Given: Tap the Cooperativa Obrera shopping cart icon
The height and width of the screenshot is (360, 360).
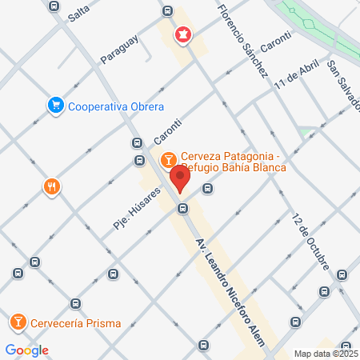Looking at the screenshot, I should coord(55,106).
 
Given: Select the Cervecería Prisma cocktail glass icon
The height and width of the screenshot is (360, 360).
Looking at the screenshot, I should coord(17,323).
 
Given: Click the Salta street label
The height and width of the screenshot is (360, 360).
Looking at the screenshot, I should coord(78,10).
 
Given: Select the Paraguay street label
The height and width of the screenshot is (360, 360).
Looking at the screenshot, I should coord(120,48).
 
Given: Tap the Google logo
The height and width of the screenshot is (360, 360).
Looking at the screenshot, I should coord(26,350).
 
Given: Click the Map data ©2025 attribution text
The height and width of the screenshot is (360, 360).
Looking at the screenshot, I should coord(325,353).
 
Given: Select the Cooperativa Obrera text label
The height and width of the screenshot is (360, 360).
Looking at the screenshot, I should coord(116,106).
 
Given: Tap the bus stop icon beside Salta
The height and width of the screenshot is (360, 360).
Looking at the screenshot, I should coord(54,6).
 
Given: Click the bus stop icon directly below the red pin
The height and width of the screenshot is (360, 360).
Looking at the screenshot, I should coord(183,209).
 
